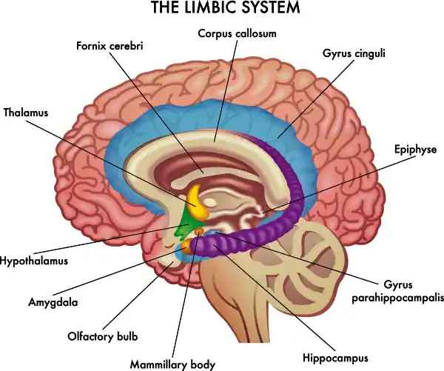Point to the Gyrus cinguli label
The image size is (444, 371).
(354, 53)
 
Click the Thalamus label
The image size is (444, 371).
(25, 113)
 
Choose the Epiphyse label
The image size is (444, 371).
(415, 150)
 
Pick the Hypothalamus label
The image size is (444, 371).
(34, 261)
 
